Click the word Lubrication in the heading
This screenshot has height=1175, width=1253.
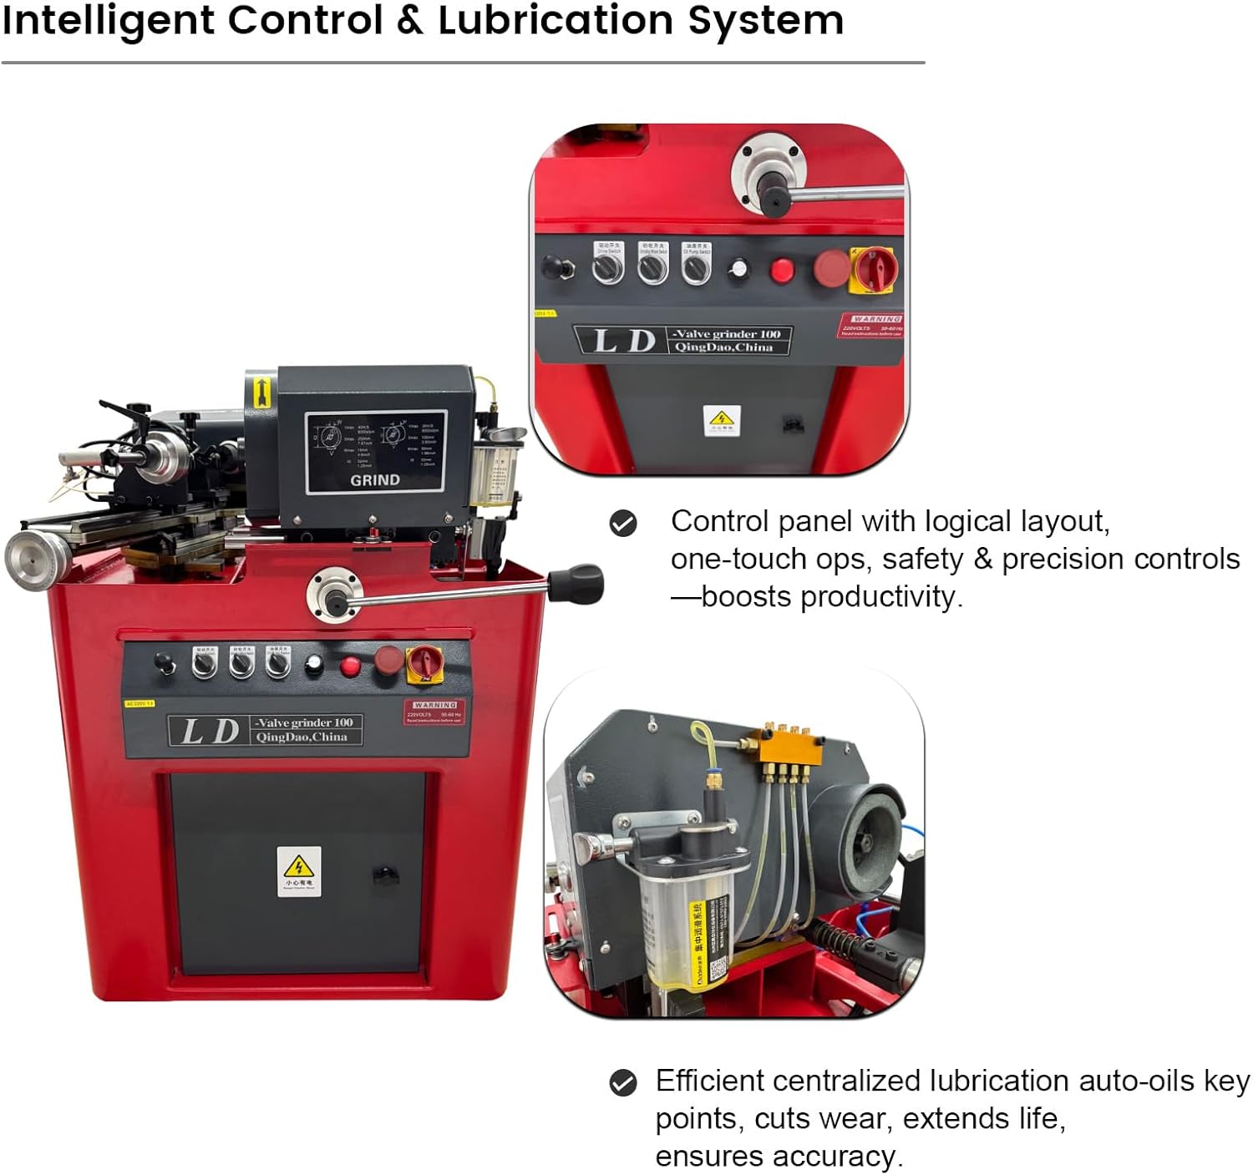point(555,20)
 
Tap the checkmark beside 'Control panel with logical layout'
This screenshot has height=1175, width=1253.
point(623,524)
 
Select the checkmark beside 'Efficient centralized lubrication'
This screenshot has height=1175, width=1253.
point(623,1082)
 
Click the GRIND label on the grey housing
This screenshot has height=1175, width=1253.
point(374,480)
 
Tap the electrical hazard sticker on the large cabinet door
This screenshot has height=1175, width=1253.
point(299,870)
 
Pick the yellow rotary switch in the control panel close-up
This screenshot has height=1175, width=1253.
point(873,270)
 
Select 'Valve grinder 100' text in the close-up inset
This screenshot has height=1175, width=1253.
point(726,334)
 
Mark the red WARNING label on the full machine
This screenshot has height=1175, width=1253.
point(434,712)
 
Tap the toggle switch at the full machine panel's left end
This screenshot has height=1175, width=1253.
point(165,664)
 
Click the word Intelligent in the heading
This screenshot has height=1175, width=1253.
point(109,20)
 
